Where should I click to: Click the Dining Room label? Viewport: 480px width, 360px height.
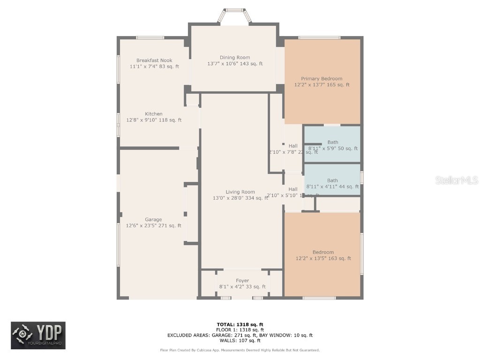[235, 58]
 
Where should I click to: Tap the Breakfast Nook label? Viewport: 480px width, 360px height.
[154, 60]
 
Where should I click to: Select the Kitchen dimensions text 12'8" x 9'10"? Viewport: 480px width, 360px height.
[154, 120]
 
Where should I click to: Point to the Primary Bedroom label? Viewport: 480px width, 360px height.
[322, 79]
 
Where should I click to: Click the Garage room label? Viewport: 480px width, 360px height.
[153, 219]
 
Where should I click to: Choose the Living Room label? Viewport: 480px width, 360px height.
[240, 192]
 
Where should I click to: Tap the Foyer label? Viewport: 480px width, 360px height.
[242, 281]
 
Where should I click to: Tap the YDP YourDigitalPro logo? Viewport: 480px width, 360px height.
[38, 336]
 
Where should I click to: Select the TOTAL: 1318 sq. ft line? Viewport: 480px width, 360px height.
[240, 324]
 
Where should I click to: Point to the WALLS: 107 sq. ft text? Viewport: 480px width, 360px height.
[240, 341]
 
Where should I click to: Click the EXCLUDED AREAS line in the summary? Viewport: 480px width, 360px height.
[240, 335]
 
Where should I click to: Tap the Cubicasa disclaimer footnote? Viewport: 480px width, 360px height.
[240, 350]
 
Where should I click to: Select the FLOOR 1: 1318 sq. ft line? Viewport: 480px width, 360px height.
[240, 330]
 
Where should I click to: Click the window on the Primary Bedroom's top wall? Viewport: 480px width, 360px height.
[319, 37]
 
